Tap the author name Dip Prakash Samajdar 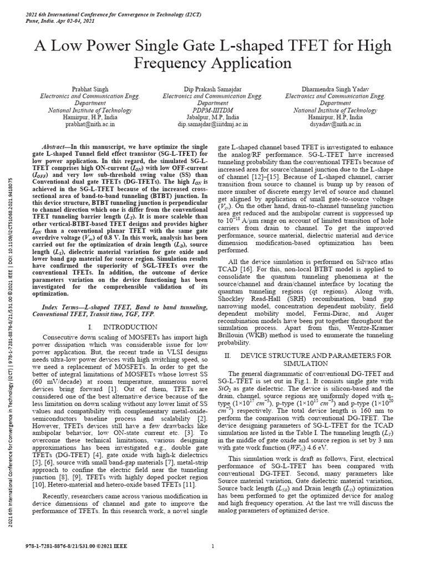[x=213, y=89]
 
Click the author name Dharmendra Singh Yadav [x=336, y=89]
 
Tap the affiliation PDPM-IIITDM [x=213, y=110]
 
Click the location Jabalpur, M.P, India [x=213, y=118]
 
